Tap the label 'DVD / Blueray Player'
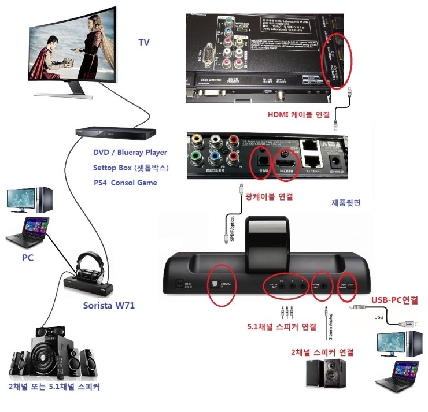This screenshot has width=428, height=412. tap(130, 153)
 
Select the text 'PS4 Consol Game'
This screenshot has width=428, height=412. tap(125, 183)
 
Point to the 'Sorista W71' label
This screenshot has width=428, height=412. tap(107, 305)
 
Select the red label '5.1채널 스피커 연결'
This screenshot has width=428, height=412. tap(281, 326)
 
